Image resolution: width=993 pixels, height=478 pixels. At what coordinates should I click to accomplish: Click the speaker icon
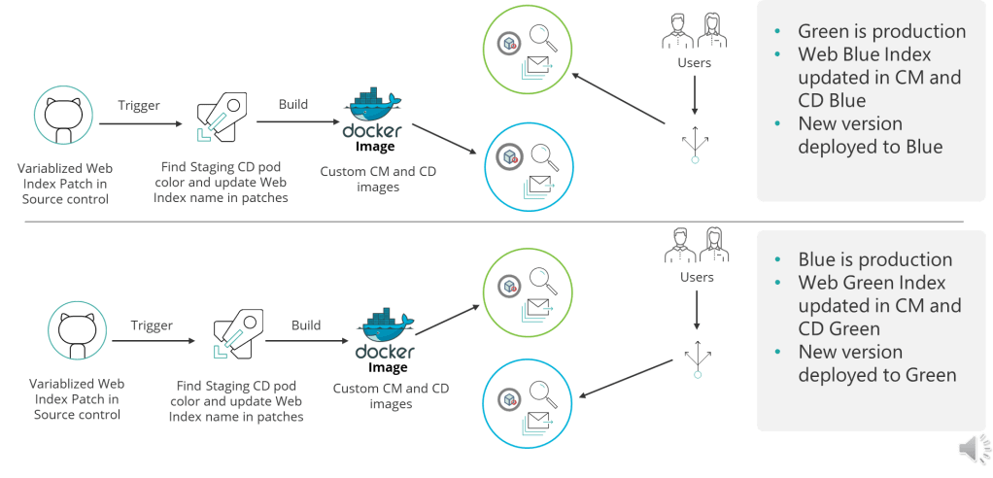click(973, 447)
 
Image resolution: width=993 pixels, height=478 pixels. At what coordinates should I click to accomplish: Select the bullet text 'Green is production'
click(881, 31)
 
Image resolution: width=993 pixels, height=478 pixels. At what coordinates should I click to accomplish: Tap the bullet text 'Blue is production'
click(874, 259)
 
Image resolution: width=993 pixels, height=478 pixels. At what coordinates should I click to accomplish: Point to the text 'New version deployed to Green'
click(877, 363)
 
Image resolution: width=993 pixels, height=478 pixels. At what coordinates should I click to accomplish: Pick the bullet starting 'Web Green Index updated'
click(879, 305)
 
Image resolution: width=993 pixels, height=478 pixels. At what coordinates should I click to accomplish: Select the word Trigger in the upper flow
click(140, 105)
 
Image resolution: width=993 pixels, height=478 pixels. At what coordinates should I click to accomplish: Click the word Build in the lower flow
click(305, 325)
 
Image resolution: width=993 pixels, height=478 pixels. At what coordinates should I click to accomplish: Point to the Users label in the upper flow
click(694, 63)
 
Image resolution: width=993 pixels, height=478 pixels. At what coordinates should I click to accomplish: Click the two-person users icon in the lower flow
click(694, 245)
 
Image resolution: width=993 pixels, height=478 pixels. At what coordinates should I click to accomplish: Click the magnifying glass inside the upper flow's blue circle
click(540, 155)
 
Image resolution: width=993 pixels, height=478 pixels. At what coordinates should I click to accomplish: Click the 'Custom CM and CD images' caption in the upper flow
click(378, 180)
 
